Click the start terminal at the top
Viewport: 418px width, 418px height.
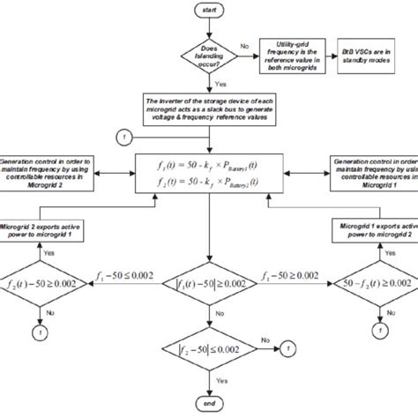coord(208,10)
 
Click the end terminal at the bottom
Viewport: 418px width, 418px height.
coord(208,404)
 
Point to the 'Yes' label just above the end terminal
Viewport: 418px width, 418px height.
coord(220,382)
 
